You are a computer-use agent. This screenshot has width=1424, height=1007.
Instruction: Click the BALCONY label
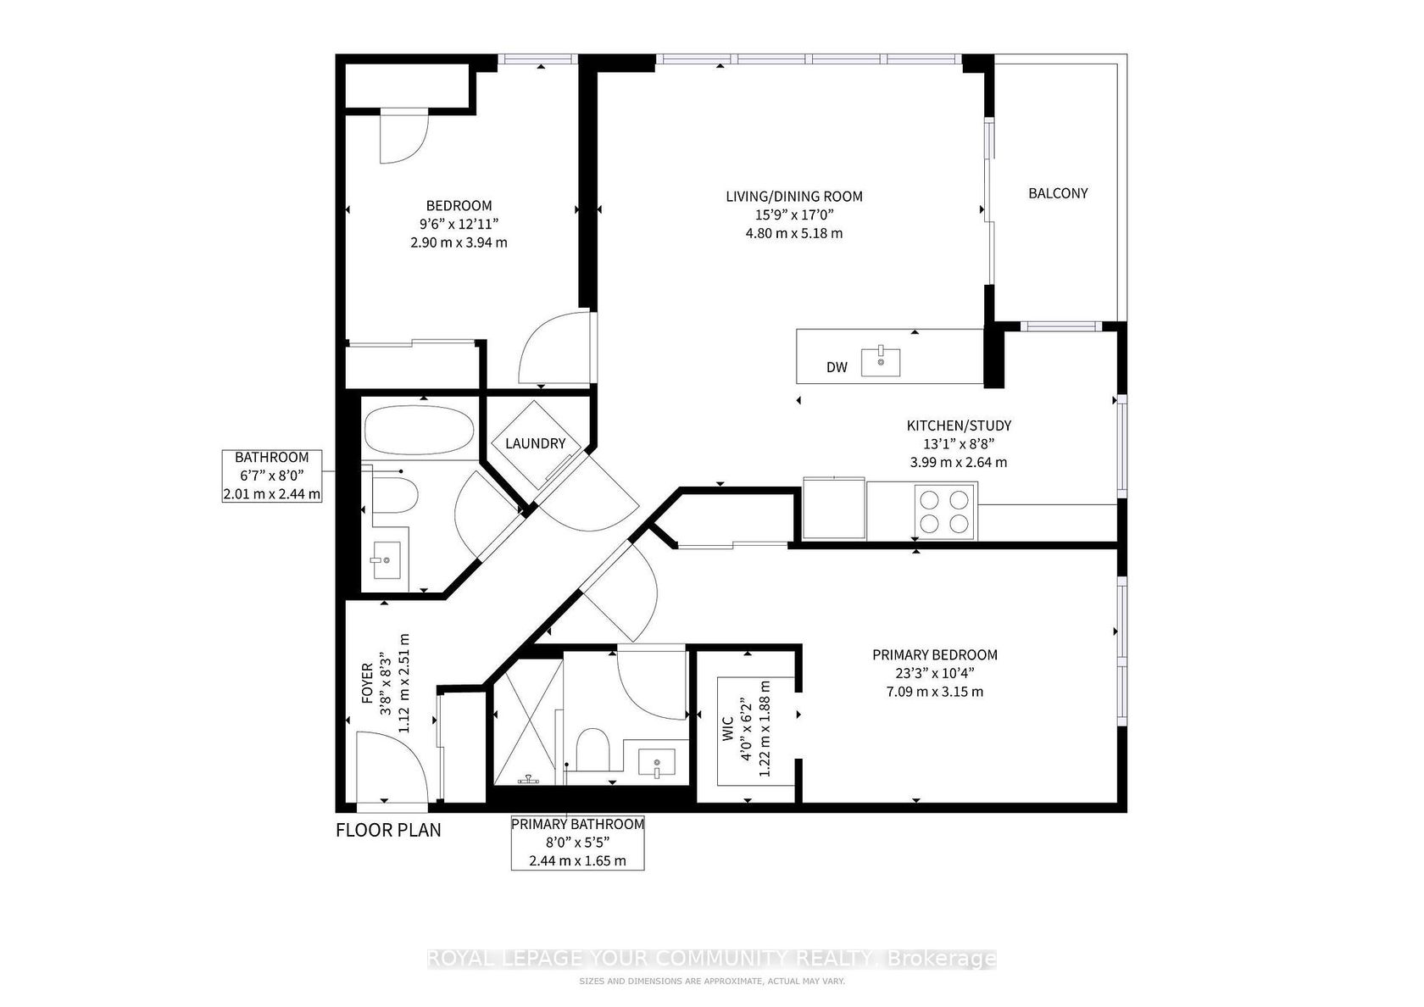1058,192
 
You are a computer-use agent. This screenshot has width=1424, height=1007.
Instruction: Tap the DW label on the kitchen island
837,367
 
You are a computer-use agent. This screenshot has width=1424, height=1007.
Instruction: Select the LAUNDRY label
536,443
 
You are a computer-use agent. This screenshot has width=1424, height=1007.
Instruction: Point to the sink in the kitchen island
881,361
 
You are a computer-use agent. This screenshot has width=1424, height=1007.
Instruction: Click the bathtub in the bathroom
419,430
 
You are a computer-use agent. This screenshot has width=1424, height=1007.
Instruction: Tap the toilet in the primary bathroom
592,748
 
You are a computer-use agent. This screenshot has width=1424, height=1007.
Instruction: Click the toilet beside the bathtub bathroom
394,495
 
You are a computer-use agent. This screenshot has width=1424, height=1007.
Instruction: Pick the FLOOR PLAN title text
388,831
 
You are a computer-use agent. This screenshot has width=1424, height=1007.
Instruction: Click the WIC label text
729,729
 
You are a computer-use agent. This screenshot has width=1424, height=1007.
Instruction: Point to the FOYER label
367,683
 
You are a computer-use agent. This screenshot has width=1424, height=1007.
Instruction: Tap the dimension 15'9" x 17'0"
794,215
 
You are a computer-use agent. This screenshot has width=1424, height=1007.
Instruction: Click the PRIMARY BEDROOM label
934,654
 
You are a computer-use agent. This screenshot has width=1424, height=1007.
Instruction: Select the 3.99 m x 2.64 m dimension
958,462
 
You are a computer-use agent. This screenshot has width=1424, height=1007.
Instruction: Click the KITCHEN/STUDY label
959,426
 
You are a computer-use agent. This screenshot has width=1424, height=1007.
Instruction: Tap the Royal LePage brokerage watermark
712,958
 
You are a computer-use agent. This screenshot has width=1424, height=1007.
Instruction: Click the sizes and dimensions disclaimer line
712,982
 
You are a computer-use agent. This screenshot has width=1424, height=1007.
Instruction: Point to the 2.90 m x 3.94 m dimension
459,242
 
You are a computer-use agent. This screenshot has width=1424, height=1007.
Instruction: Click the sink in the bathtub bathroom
386,560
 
